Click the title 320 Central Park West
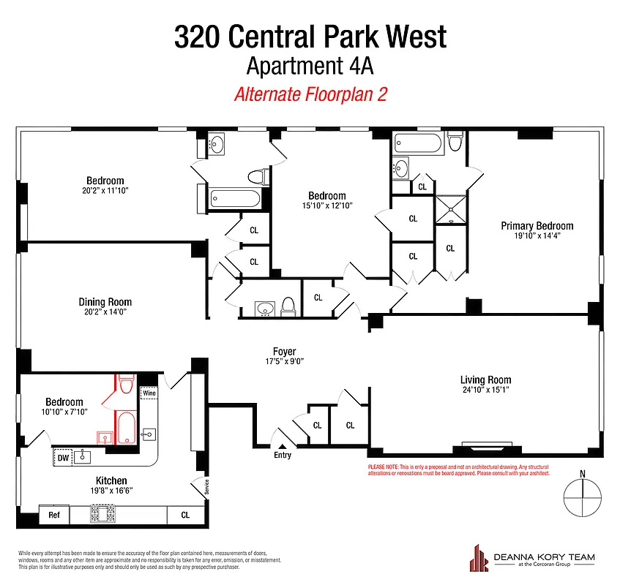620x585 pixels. pos(310,37)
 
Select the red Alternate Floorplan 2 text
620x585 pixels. pos(310,94)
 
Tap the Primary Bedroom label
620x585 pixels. pos(537,226)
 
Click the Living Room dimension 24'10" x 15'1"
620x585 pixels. pos(485,390)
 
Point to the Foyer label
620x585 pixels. pos(284,352)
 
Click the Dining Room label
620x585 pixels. pos(105,301)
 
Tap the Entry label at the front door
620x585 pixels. pos(283,455)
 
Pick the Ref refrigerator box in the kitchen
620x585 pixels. pos(54,515)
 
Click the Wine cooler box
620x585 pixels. pos(149,393)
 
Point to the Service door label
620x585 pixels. pos(206,486)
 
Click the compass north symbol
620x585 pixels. pos(583,497)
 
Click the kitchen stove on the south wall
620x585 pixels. pos(103,515)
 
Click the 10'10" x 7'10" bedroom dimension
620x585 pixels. pos(64,412)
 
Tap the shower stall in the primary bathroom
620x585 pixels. pos(451,208)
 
